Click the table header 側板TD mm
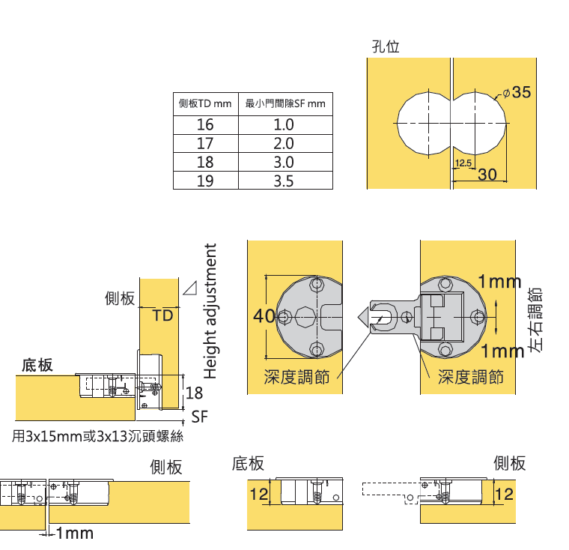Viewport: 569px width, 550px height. (x=205, y=103)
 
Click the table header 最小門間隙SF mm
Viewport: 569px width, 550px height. (x=285, y=103)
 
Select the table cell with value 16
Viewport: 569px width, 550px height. (x=205, y=124)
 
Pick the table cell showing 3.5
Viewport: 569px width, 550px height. (x=284, y=181)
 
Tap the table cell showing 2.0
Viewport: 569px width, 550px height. (x=284, y=143)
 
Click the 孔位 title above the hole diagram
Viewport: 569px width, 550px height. (x=386, y=46)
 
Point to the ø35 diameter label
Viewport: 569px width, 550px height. (x=517, y=93)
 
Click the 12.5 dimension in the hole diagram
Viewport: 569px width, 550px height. (x=463, y=163)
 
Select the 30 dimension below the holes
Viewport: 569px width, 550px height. (x=487, y=175)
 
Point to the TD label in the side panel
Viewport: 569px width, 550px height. (x=163, y=316)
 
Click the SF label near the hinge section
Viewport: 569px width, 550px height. (x=199, y=417)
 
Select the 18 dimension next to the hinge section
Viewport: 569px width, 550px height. (x=194, y=393)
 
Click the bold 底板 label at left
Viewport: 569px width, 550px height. (x=37, y=365)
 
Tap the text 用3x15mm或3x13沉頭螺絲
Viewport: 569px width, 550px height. (x=98, y=436)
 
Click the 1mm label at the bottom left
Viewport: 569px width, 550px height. (x=75, y=534)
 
